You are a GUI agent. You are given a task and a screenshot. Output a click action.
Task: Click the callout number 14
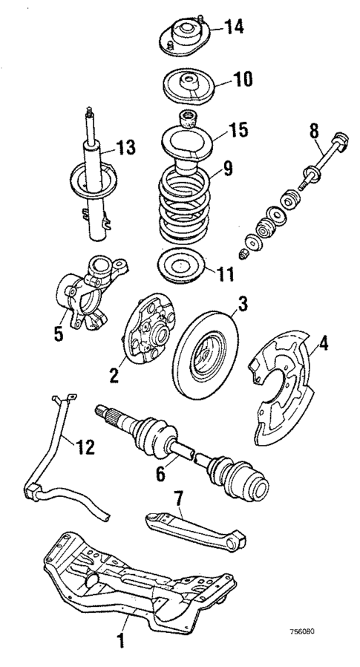tap(234, 28)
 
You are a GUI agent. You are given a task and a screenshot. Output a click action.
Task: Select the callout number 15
tap(237, 131)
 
